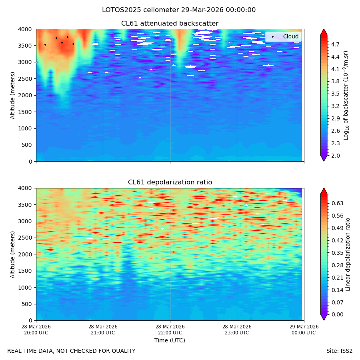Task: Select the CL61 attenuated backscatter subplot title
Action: [x=170, y=24]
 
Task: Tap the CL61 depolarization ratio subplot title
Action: [x=170, y=182]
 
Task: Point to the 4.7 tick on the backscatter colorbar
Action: [x=335, y=44]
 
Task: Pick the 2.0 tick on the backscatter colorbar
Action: [x=335, y=156]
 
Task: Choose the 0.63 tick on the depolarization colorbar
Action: [x=337, y=203]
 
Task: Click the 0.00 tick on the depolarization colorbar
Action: [x=337, y=314]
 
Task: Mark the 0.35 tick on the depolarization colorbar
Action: [x=337, y=253]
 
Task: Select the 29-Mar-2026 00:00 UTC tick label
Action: [x=304, y=330]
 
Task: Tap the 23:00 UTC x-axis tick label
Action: [x=237, y=333]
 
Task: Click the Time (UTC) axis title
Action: [x=170, y=340]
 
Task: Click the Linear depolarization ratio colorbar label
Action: [x=348, y=254]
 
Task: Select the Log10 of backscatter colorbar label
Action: [x=346, y=95]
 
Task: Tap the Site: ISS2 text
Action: [x=339, y=351]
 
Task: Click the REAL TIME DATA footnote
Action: [x=72, y=351]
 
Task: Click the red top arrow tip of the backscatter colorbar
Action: [x=324, y=29]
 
